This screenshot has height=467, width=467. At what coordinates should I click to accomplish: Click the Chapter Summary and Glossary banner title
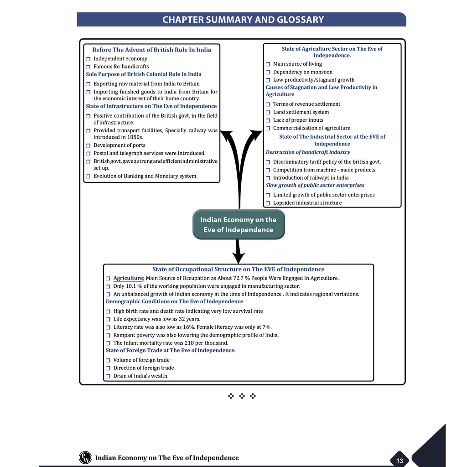pyautogui.click(x=243, y=20)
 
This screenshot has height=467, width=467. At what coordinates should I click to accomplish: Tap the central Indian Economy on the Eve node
pyautogui.click(x=239, y=224)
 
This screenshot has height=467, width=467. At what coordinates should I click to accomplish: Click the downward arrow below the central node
pyautogui.click(x=238, y=251)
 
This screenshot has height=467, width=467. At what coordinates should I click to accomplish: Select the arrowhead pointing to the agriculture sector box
pyautogui.click(x=256, y=134)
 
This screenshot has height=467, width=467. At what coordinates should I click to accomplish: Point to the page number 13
pyautogui.click(x=400, y=461)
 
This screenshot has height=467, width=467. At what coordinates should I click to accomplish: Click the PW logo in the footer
pyautogui.click(x=85, y=457)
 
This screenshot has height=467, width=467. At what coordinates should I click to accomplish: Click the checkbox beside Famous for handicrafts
pyautogui.click(x=88, y=67)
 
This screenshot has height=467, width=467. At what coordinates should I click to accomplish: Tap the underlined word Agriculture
pyautogui.click(x=129, y=278)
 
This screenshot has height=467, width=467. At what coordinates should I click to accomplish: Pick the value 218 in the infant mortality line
pyautogui.click(x=189, y=343)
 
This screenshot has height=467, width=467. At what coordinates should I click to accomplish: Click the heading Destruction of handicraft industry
pyautogui.click(x=308, y=152)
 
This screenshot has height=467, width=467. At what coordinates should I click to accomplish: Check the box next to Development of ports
pyautogui.click(x=88, y=145)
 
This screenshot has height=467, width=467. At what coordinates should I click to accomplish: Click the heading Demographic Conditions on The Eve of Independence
pyautogui.click(x=175, y=301)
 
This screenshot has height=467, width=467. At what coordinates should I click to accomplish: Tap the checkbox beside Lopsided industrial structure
pyautogui.click(x=268, y=203)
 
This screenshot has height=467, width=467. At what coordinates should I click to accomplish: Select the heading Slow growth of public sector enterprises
pyautogui.click(x=315, y=185)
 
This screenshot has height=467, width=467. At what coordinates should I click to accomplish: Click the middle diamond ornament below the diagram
pyautogui.click(x=242, y=396)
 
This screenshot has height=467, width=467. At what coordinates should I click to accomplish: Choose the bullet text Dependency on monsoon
pyautogui.click(x=303, y=72)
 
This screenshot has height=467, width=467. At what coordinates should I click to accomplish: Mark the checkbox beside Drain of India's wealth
pyautogui.click(x=108, y=376)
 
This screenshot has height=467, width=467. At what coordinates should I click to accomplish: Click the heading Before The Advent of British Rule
pyautogui.click(x=151, y=50)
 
